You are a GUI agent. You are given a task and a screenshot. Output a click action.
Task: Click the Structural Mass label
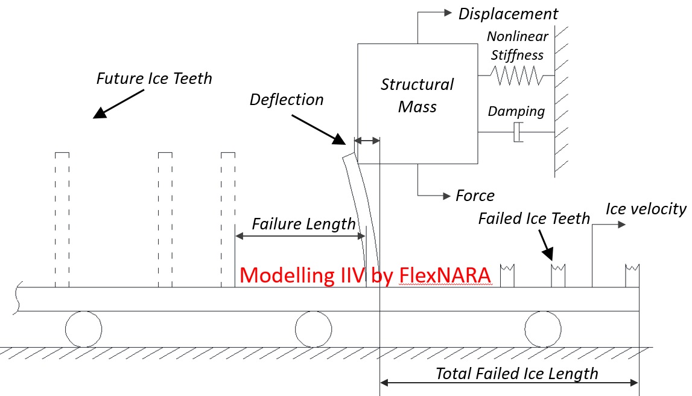click(417, 95)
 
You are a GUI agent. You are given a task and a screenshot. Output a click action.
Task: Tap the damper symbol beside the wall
click(518, 132)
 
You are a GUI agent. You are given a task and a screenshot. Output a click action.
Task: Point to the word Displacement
click(508, 13)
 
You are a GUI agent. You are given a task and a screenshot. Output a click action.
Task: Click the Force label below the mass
click(475, 196)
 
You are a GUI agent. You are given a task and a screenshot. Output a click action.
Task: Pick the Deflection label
click(287, 100)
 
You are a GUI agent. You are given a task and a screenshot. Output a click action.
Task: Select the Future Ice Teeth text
click(154, 78)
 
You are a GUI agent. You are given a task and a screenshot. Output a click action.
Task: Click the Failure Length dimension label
click(303, 224)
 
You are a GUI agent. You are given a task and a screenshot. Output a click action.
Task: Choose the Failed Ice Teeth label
click(534, 218)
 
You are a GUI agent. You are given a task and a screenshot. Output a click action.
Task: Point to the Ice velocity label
click(646, 209)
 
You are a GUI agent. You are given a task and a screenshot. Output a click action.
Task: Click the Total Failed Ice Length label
click(517, 374)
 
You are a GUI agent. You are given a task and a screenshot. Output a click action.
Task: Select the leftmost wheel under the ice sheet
click(83, 330)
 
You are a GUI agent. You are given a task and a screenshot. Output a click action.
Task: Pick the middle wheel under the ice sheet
click(313, 330)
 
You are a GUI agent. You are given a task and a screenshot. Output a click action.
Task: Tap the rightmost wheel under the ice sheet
click(542, 330)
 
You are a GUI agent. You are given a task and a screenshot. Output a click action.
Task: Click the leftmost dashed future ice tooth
click(62, 220)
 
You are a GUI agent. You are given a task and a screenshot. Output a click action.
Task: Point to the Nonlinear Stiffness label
click(516, 46)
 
